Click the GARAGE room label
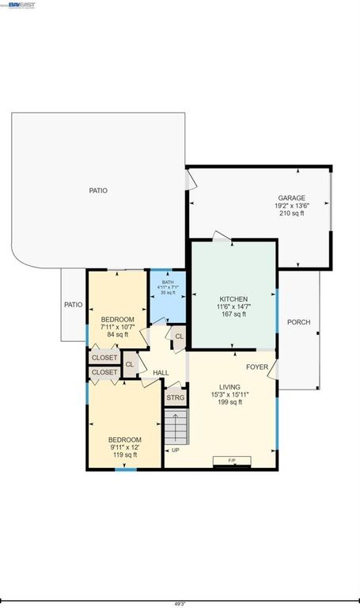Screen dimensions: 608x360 [x=291, y=198]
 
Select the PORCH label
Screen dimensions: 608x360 [x=298, y=322]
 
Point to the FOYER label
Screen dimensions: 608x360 [x=256, y=367]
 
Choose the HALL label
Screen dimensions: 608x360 [x=161, y=372]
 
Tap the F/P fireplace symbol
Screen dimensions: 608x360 [x=232, y=460]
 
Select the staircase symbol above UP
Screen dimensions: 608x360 [x=177, y=428]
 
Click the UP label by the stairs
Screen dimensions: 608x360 [x=175, y=450]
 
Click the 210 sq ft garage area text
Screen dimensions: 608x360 [x=291, y=214]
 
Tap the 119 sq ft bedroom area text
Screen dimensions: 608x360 [x=125, y=455]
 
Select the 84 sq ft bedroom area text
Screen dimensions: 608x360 [x=117, y=334]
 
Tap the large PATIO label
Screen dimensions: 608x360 [x=98, y=191]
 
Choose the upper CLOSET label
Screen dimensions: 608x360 [x=104, y=358]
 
